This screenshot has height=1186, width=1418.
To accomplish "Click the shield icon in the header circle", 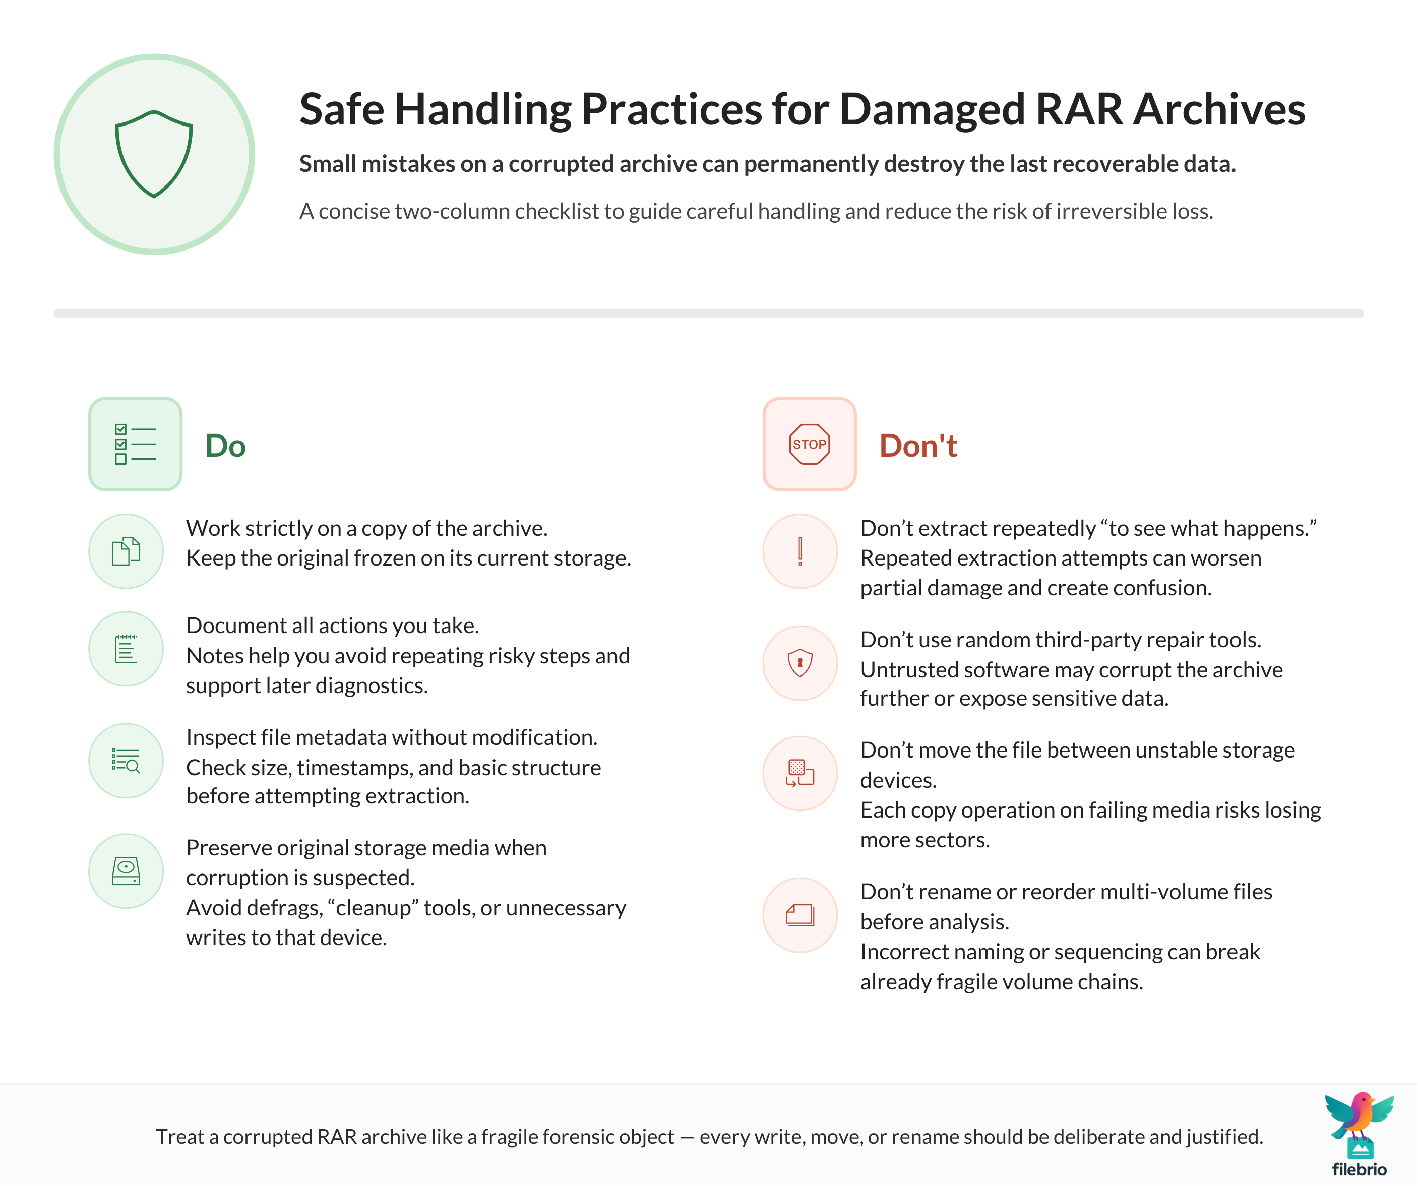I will point(154,154).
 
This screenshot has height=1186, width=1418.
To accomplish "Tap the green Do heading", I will point(225,446).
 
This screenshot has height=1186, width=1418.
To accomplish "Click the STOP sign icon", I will point(809,444).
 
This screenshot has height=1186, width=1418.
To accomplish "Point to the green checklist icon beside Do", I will point(135,444).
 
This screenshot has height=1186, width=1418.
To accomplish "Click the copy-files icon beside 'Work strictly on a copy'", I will point(126,551).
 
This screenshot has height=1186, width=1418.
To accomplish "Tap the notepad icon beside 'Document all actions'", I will point(126,649).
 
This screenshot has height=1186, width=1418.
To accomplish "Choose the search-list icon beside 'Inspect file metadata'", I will point(126,761).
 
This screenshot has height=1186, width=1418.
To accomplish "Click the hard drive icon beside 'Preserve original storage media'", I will point(126,871).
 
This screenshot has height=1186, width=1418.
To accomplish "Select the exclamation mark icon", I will point(800,551).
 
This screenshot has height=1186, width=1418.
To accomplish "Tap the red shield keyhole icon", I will point(800,663).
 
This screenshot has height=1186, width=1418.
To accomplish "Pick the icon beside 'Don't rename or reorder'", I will point(800,915).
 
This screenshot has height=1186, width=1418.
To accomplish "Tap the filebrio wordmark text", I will point(1359,1170).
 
